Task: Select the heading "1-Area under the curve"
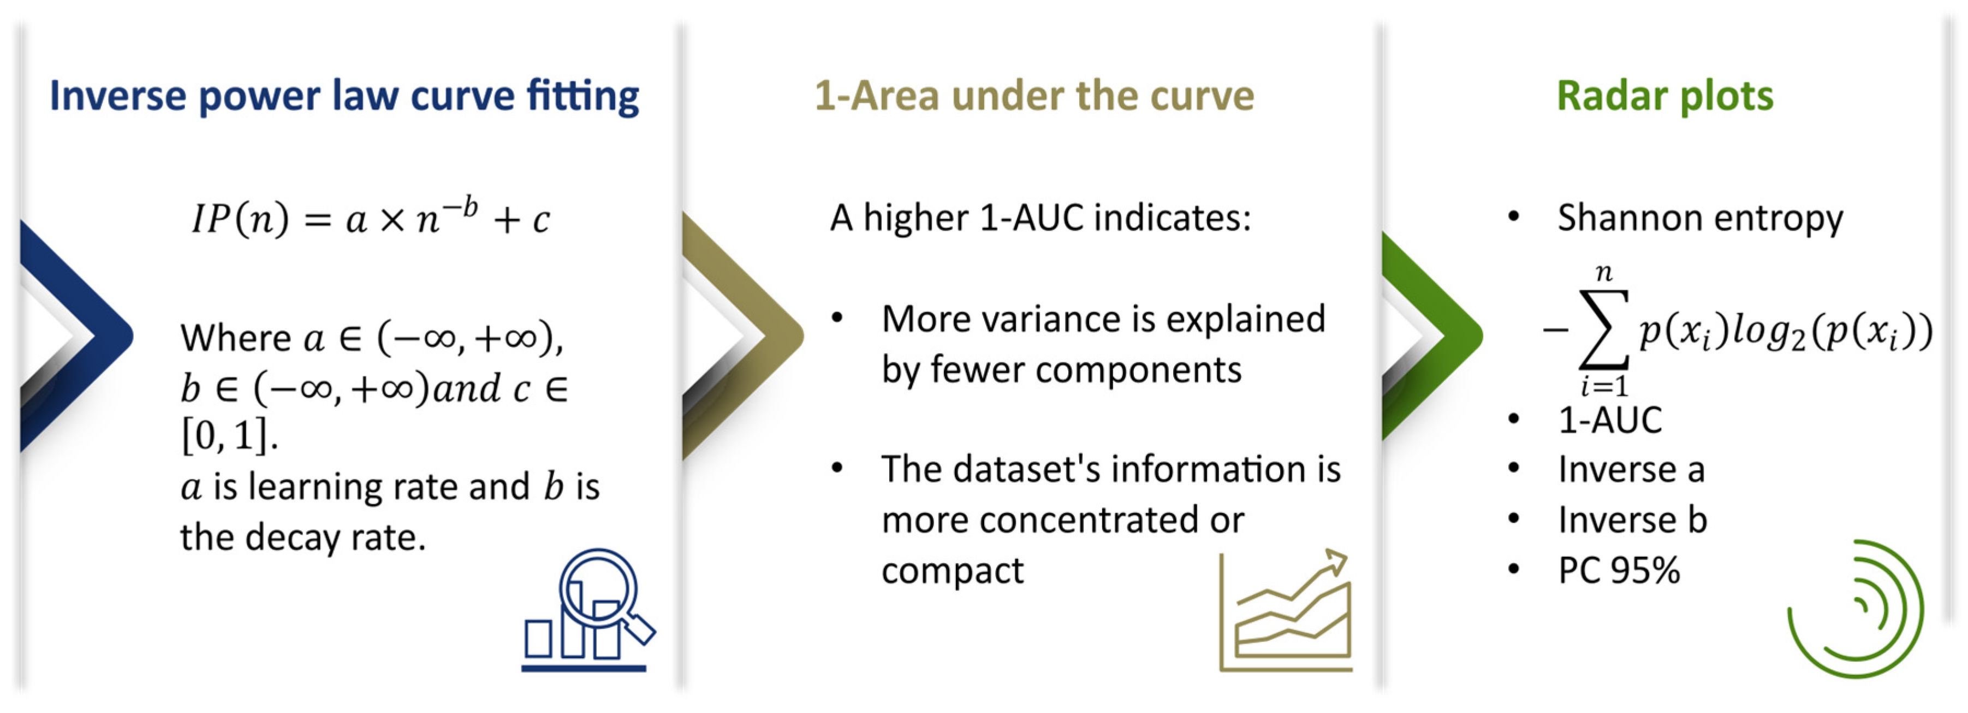[x=1034, y=96]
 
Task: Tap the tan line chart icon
[x=1285, y=611]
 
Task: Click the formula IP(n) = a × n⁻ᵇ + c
[x=371, y=218]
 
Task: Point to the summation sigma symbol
[x=1603, y=330]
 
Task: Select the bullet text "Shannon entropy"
[x=1700, y=219]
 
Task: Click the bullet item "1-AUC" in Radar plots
[x=1610, y=420]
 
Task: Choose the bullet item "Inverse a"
[x=1631, y=469]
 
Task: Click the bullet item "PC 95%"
[x=1619, y=570]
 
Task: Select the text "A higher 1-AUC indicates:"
[x=1041, y=218]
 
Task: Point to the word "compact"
[x=952, y=571]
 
